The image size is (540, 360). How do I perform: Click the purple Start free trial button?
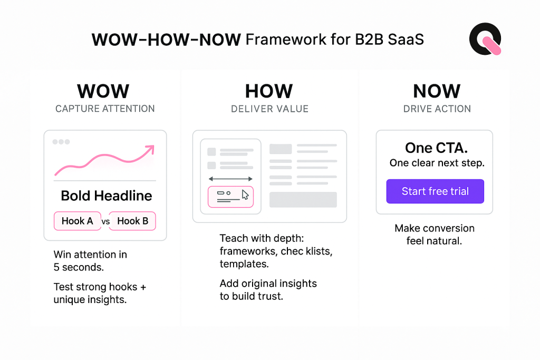pyautogui.click(x=435, y=191)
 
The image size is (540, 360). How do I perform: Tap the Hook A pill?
pyautogui.click(x=77, y=221)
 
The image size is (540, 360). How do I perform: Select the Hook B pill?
pyautogui.click(x=133, y=221)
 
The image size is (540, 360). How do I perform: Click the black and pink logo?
pyautogui.click(x=485, y=38)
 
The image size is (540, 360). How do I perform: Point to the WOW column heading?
pyautogui.click(x=103, y=91)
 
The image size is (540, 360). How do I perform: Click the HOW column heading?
pyautogui.click(x=269, y=91)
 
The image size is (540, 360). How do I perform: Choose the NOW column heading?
pyautogui.click(x=437, y=91)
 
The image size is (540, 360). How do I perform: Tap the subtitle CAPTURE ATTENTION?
pyautogui.click(x=105, y=109)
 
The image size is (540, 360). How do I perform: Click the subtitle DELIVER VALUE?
pyautogui.click(x=269, y=109)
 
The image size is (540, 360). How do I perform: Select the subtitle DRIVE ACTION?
pyautogui.click(x=437, y=109)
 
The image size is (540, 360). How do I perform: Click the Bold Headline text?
pyautogui.click(x=106, y=196)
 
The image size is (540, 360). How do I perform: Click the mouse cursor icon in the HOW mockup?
pyautogui.click(x=245, y=195)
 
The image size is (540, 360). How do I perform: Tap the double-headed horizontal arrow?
pyautogui.click(x=231, y=179)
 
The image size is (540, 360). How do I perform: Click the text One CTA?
pyautogui.click(x=436, y=147)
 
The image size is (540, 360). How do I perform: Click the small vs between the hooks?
pyautogui.click(x=105, y=222)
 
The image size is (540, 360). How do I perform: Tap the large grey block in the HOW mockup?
pyautogui.click(x=303, y=200)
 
